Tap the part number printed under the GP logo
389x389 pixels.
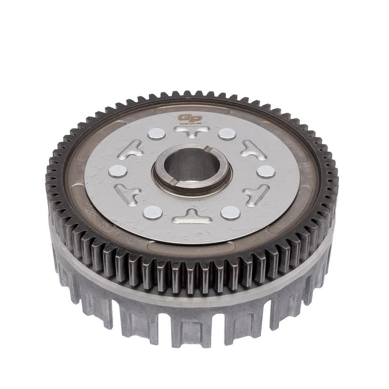tap(190, 124)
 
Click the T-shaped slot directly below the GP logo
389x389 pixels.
tap(192, 131)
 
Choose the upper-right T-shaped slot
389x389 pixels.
tap(253, 150)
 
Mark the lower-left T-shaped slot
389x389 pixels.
tap(128, 193)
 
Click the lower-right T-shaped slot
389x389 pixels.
tap(256, 193)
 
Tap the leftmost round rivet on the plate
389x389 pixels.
tap(117, 171)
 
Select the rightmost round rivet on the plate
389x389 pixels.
tap(266, 172)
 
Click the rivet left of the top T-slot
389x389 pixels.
tap(156, 133)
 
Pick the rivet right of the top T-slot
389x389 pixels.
tap(227, 134)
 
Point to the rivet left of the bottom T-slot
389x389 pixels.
tap(152, 212)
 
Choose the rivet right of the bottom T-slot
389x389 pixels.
tap(230, 213)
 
